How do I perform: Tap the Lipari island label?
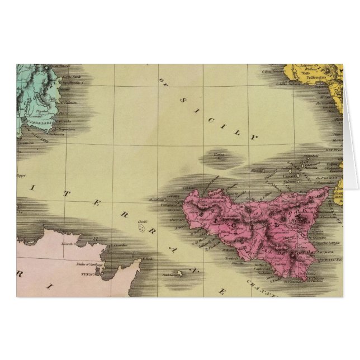pyautogui.click(x=290, y=177)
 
